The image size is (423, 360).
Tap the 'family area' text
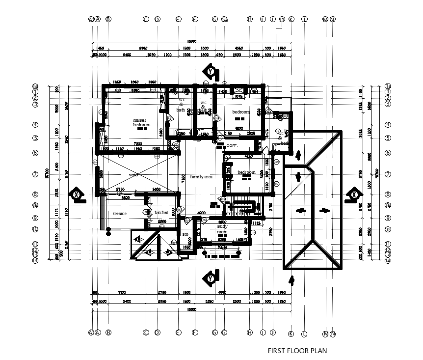tap(201, 176)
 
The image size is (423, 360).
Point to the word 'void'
tap(133, 175)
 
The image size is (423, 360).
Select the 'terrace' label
tap(120, 214)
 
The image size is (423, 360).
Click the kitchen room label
tap(161, 213)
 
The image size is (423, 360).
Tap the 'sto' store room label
tap(185, 235)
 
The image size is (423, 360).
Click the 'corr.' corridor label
tap(232, 146)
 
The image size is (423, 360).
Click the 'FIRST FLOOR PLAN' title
tap(297, 351)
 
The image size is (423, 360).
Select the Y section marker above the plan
tap(211, 72)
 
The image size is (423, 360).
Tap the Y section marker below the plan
tap(211, 278)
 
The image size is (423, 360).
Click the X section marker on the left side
tap(77, 194)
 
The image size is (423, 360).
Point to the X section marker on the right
tap(353, 194)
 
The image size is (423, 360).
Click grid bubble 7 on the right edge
tap(388, 174)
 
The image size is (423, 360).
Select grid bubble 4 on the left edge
tap(35, 125)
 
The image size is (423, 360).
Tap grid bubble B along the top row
tap(108, 19)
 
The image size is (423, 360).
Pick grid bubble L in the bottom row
tap(304, 333)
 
